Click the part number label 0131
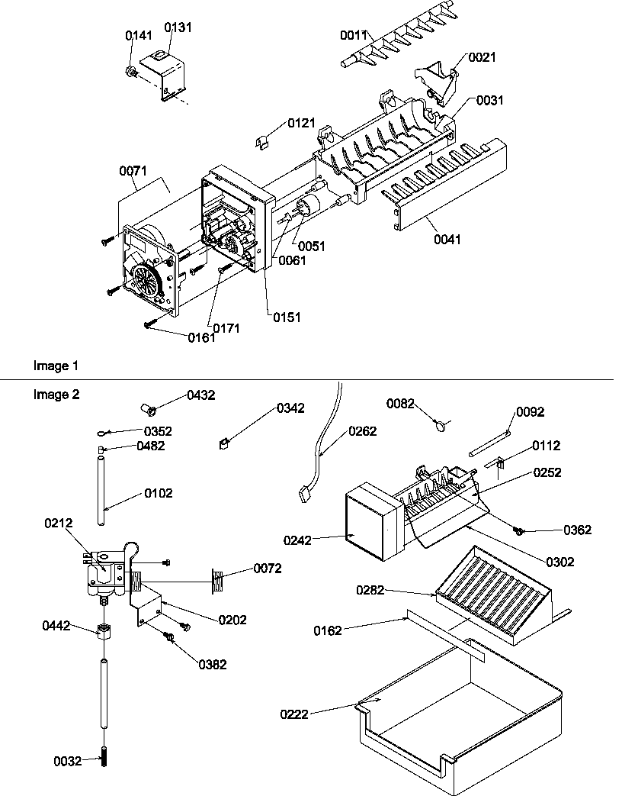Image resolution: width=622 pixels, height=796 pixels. click(x=178, y=27)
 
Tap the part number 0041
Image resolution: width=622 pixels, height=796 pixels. click(x=447, y=239)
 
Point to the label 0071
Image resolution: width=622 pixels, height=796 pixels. click(x=133, y=172)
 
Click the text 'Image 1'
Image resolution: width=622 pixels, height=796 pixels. click(x=55, y=366)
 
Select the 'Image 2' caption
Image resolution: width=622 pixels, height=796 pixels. click(x=55, y=395)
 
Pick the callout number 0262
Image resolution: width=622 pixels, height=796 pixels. click(x=362, y=430)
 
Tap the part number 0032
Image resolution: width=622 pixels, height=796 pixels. click(x=68, y=761)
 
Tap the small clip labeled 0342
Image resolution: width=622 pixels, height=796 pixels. click(x=225, y=440)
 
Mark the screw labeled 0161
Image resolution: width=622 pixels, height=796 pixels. click(x=150, y=324)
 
